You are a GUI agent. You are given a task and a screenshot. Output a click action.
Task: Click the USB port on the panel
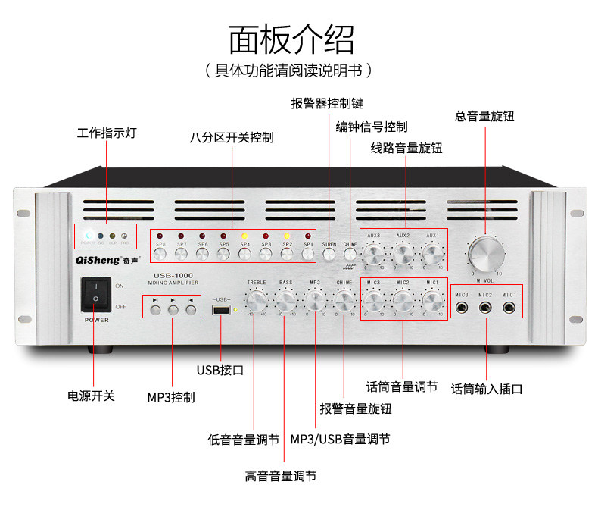pos(222,311)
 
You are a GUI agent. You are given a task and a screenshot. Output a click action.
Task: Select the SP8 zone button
pos(160,255)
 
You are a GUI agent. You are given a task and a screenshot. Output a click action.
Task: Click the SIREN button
pos(329,255)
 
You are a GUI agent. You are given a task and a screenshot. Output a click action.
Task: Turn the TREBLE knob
pos(257,302)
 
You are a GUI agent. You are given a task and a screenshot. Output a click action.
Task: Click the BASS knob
pos(285,302)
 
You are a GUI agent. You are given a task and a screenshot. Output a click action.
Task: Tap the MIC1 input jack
pos(510,309)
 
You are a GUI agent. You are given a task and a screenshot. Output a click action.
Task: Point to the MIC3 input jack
pos(462,309)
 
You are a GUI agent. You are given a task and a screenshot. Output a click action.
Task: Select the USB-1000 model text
pos(169,275)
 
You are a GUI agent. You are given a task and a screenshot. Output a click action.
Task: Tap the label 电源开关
pos(92,395)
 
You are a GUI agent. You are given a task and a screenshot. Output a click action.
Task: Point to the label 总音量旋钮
pos(484,116)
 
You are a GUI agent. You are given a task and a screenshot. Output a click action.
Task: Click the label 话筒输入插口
pos(487,389)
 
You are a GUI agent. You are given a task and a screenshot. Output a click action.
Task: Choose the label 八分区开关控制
pos(232,138)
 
